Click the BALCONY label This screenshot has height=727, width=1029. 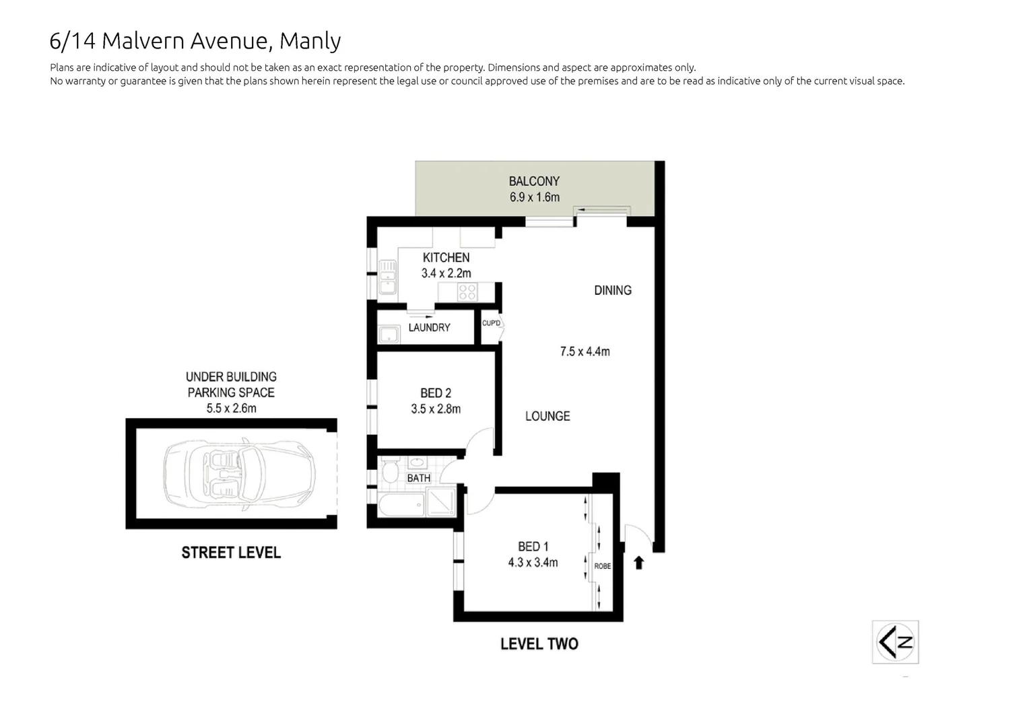point(534,181)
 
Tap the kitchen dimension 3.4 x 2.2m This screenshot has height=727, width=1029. point(446,273)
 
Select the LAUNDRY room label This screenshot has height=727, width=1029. point(429,328)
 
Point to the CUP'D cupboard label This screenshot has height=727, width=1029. point(491,323)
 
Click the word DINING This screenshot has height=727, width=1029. point(612,291)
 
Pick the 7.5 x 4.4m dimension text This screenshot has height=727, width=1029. point(585,351)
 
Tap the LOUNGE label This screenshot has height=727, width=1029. point(547,417)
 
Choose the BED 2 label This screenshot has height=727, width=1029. point(436,393)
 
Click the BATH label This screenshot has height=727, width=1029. point(418,478)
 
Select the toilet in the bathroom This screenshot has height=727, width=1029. point(389,471)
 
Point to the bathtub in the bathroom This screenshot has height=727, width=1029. point(401,505)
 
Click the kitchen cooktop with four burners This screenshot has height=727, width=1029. point(467,292)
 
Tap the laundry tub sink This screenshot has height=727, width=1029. point(387,335)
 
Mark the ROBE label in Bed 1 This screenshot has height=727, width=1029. point(602,566)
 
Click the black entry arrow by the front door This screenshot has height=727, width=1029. point(638,562)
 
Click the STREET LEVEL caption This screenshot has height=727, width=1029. point(231,553)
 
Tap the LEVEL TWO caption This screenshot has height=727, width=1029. point(539,644)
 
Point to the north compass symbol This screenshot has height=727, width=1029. point(895,642)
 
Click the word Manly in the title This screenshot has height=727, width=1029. point(310,41)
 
